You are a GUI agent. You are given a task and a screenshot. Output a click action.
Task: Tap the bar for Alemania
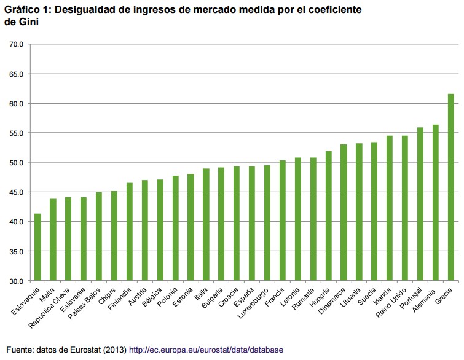pyautogui.click(x=435, y=203)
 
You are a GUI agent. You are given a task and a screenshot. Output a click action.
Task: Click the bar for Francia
pyautogui.click(x=283, y=221)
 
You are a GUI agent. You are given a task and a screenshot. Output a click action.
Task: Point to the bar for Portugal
pyautogui.click(x=420, y=204)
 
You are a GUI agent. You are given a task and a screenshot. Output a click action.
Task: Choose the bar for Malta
pyautogui.click(x=53, y=240)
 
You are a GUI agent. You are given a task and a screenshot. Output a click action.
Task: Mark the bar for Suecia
pyautogui.click(x=374, y=211)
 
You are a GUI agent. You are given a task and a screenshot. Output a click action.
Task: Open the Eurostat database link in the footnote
pyautogui.click(x=206, y=350)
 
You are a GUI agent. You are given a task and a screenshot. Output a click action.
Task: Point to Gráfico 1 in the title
pyautogui.click(x=25, y=10)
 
